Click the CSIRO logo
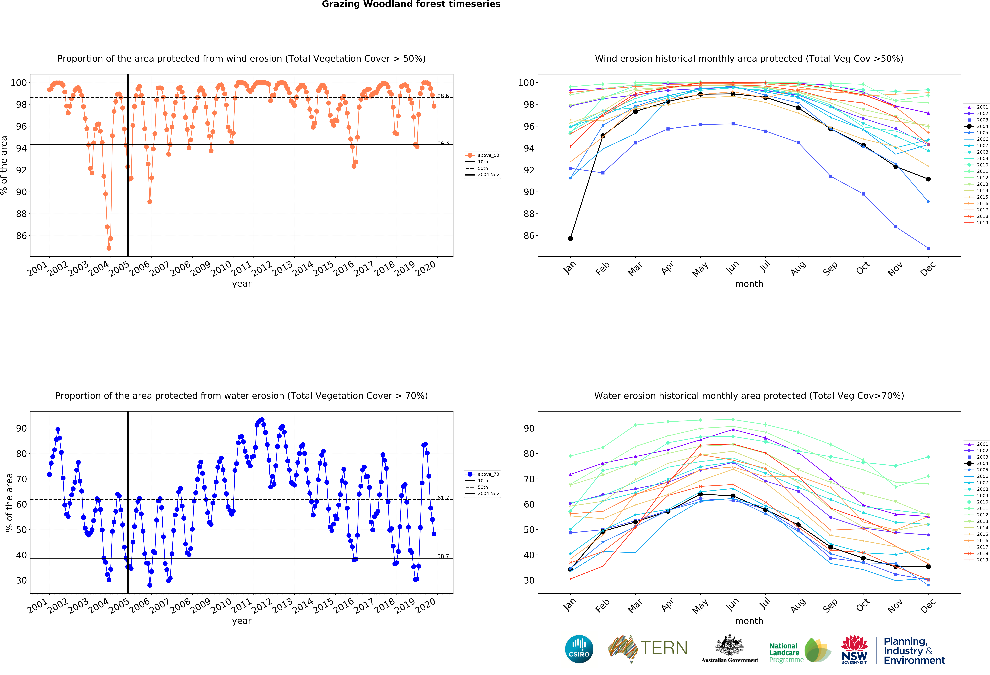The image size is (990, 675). (579, 649)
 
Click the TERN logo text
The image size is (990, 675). (664, 648)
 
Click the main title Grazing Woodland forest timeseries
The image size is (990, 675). (411, 4)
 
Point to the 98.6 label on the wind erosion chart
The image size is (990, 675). (443, 96)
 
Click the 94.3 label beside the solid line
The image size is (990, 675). (443, 143)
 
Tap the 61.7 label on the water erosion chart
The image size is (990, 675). (443, 498)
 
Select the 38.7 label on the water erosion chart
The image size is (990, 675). (443, 556)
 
